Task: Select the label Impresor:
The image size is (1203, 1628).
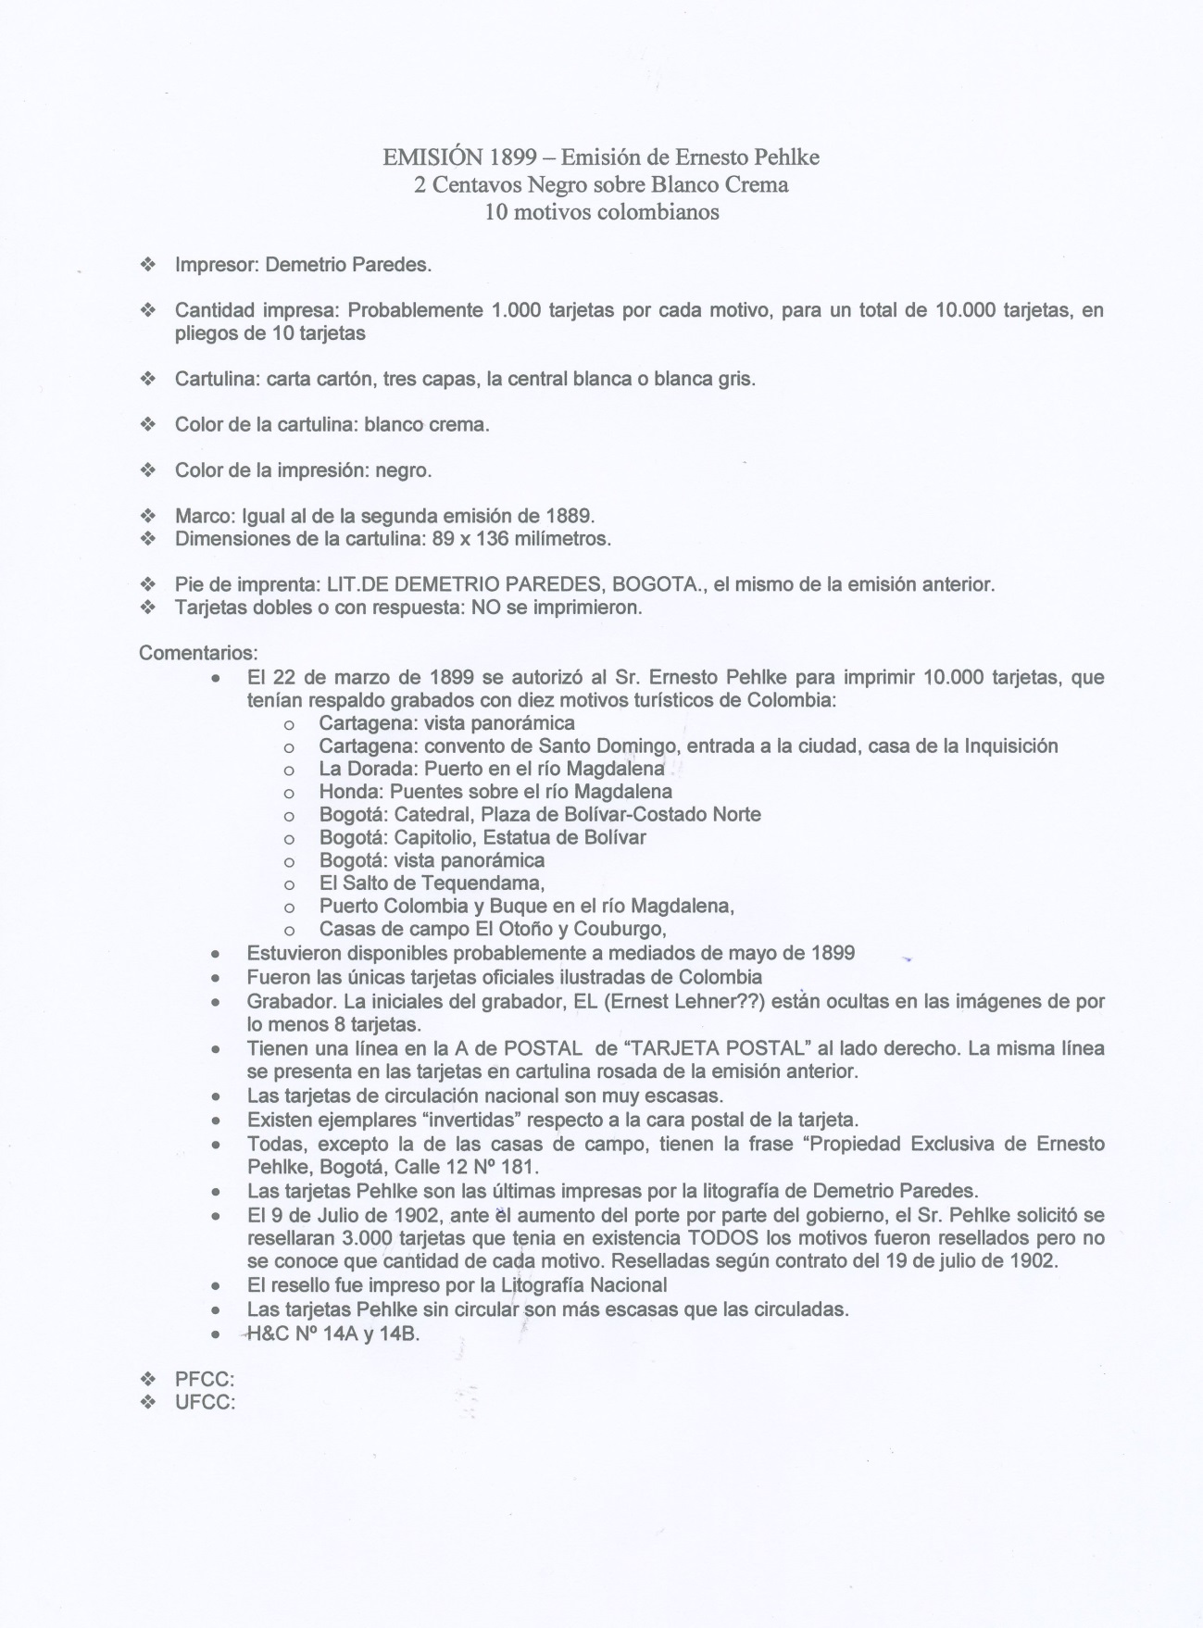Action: click(218, 265)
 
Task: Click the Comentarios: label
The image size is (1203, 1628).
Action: click(198, 654)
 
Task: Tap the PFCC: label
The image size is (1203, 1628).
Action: click(205, 1380)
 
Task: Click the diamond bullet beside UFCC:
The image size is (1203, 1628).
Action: click(147, 1402)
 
